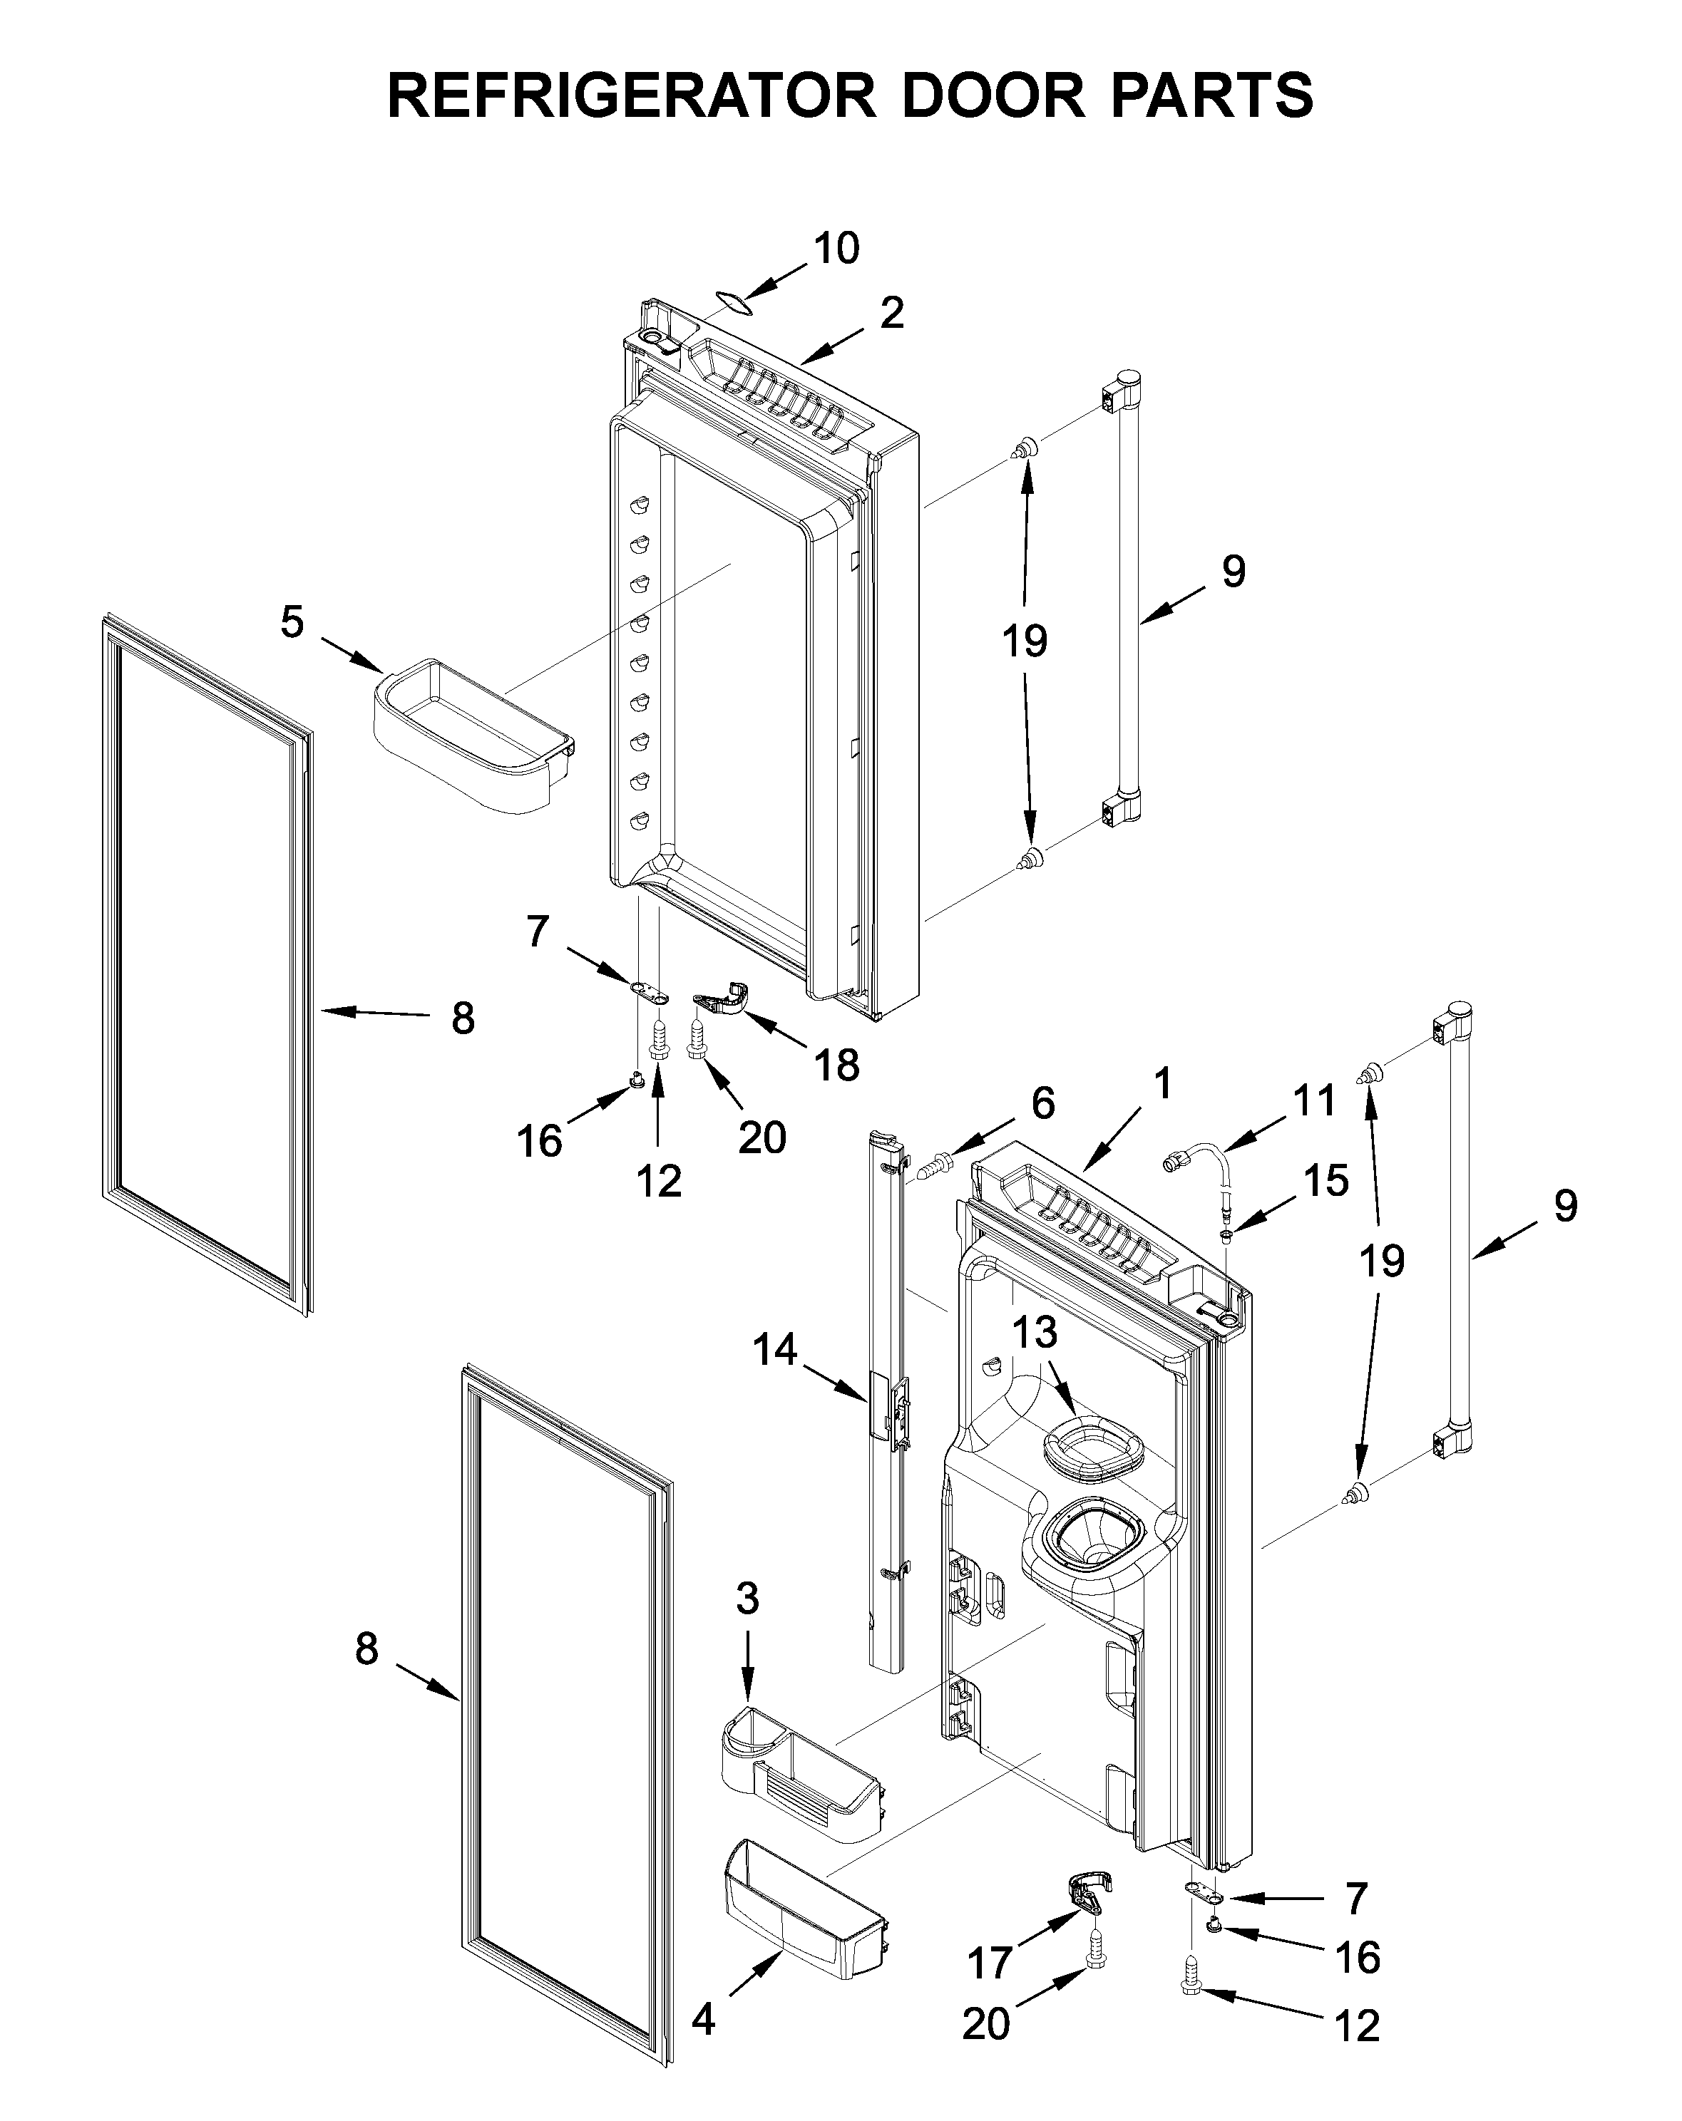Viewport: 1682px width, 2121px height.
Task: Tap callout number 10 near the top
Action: (x=836, y=248)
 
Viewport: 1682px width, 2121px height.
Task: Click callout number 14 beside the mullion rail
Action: (x=774, y=1350)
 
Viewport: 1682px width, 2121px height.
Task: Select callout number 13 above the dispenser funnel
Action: (x=1035, y=1333)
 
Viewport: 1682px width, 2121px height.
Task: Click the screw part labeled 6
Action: (x=936, y=1167)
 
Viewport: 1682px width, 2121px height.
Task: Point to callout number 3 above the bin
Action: (x=747, y=1599)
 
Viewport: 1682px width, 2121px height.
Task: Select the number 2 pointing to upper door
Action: (x=891, y=313)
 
